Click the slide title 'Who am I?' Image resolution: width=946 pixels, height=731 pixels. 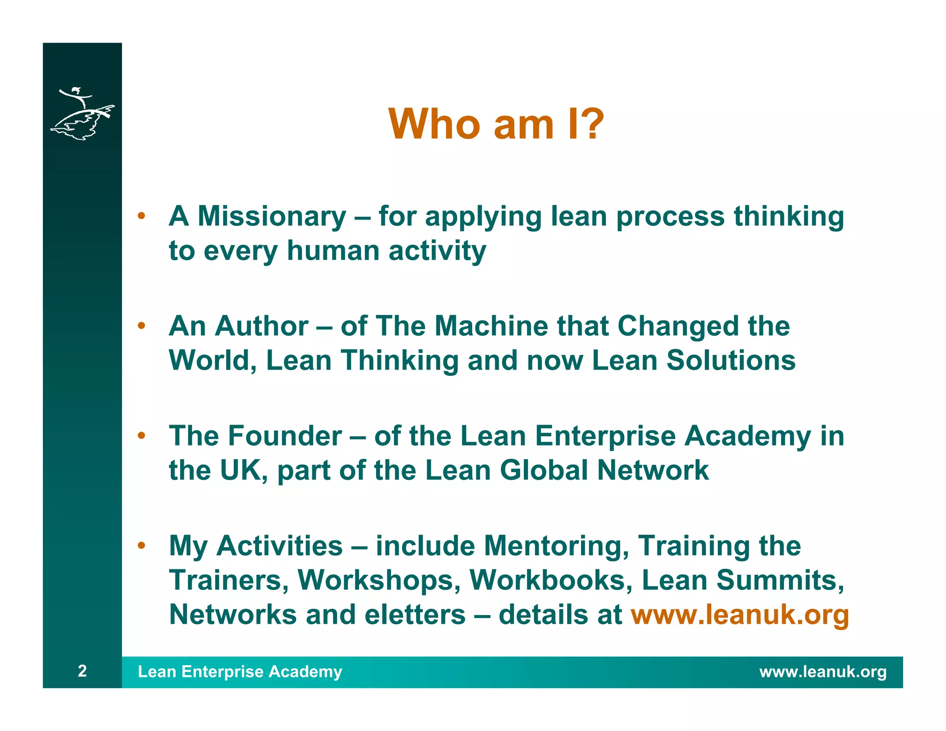click(496, 124)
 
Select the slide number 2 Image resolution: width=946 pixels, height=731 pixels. click(82, 670)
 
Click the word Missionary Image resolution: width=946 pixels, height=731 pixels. click(272, 216)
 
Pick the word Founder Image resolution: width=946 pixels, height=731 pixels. click(285, 436)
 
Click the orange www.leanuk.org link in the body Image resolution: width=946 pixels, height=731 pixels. click(740, 615)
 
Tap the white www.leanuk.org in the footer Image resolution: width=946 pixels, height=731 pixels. click(823, 671)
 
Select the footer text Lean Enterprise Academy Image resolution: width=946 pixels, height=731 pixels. click(240, 671)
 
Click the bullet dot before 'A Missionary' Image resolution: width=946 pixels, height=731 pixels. click(141, 216)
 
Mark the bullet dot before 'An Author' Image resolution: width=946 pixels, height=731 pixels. click(141, 326)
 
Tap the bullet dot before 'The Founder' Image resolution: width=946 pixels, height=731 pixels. click(141, 435)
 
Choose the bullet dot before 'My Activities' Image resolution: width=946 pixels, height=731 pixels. click(141, 545)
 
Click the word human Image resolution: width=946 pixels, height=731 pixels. click(333, 250)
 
